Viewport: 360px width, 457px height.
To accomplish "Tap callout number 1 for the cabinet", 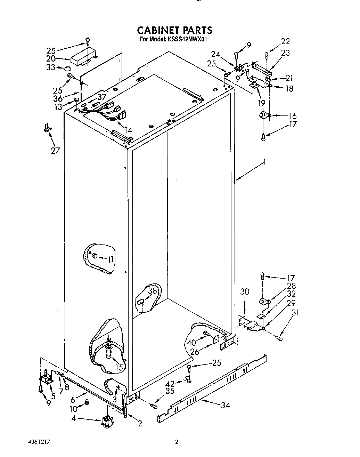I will pos(265,162).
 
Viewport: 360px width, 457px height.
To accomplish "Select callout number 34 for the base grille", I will pos(226,405).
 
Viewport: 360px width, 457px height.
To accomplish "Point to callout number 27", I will pos(55,151).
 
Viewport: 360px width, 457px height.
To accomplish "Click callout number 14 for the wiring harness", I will pos(128,130).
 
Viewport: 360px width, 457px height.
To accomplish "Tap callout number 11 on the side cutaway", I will pos(111,259).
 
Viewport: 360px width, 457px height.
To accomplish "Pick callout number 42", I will pos(170,384).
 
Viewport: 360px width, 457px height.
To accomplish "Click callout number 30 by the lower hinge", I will pos(245,291).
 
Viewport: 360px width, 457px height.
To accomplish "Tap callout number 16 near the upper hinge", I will pos(293,116).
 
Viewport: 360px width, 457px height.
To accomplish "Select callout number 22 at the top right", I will pos(285,41).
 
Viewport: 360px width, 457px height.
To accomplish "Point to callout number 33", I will pos(51,67).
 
